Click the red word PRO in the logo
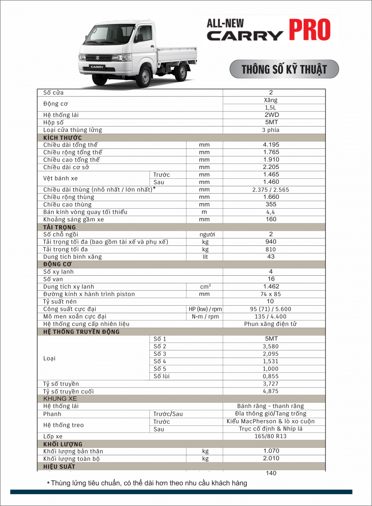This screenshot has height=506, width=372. point(310,30)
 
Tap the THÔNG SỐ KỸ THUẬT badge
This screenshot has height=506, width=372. point(284,69)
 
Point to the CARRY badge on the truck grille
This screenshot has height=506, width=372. point(97,67)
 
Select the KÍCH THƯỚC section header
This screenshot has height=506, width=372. point(62,137)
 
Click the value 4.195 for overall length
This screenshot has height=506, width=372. point(271,145)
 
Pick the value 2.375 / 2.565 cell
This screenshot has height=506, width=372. point(271,190)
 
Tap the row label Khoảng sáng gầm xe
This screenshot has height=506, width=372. point(73,219)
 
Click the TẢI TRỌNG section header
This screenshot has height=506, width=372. point(60,227)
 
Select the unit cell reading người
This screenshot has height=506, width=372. point(204,234)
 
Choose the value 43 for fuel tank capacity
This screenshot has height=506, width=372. point(271,257)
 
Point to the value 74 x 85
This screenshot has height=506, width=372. point(271,294)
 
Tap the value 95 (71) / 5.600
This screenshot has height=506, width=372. point(271,309)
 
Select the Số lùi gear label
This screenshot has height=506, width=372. point(162,376)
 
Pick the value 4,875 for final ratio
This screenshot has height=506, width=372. point(271,391)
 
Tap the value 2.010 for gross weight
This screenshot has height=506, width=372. point(271,458)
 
